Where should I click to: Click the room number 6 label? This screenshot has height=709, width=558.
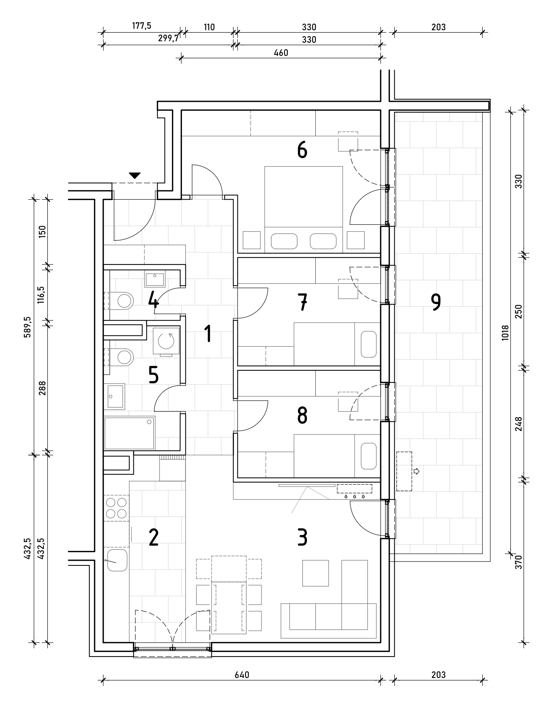click(x=302, y=150)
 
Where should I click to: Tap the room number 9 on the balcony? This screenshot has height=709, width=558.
click(x=436, y=302)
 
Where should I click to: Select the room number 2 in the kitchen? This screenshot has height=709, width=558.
click(x=154, y=538)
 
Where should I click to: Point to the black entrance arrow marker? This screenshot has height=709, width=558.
click(x=134, y=176)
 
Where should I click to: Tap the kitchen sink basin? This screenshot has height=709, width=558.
click(x=117, y=560)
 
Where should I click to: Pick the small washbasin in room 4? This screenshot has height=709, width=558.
click(x=155, y=278)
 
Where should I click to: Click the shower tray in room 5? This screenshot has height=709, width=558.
click(x=130, y=433)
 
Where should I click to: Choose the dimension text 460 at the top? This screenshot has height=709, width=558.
click(x=281, y=53)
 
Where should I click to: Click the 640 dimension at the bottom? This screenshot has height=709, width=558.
click(x=241, y=675)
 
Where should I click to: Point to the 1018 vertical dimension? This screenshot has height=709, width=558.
click(x=505, y=332)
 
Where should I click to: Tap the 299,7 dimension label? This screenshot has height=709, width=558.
click(x=168, y=39)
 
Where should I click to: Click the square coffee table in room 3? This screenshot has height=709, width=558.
click(x=315, y=573)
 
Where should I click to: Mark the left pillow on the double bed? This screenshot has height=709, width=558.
click(x=284, y=241)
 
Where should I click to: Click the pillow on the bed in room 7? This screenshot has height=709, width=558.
click(x=368, y=344)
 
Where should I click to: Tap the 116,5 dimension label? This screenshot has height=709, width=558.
click(x=42, y=294)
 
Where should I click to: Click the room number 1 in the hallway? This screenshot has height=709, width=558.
click(x=208, y=334)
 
